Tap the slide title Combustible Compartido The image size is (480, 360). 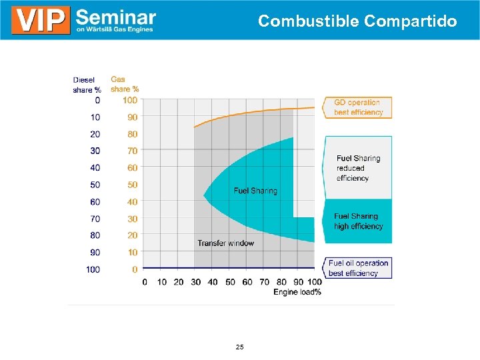pyautogui.click(x=357, y=21)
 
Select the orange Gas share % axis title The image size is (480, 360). pyautogui.click(x=124, y=84)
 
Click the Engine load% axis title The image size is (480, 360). pyautogui.click(x=297, y=292)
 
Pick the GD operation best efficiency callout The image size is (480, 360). pyautogui.click(x=358, y=107)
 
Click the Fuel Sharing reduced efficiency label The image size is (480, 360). pyautogui.click(x=358, y=168)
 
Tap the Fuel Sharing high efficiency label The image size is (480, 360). pyautogui.click(x=358, y=221)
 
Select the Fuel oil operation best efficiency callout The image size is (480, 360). pyautogui.click(x=357, y=268)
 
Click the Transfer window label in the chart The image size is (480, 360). pyautogui.click(x=225, y=243)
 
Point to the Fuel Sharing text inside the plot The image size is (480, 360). pyautogui.click(x=255, y=191)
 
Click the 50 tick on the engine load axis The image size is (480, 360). pyautogui.click(x=230, y=282)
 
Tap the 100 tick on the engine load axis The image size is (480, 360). pyautogui.click(x=314, y=282)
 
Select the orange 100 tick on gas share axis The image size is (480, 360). pyautogui.click(x=130, y=100)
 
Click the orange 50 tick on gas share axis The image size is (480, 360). pyautogui.click(x=133, y=185)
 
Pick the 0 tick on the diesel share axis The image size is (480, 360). pyautogui.click(x=97, y=100)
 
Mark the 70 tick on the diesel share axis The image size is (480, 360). pyautogui.click(x=95, y=219)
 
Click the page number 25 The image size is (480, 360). pyautogui.click(x=240, y=347)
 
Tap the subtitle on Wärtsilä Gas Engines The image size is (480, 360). pyautogui.click(x=115, y=29)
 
